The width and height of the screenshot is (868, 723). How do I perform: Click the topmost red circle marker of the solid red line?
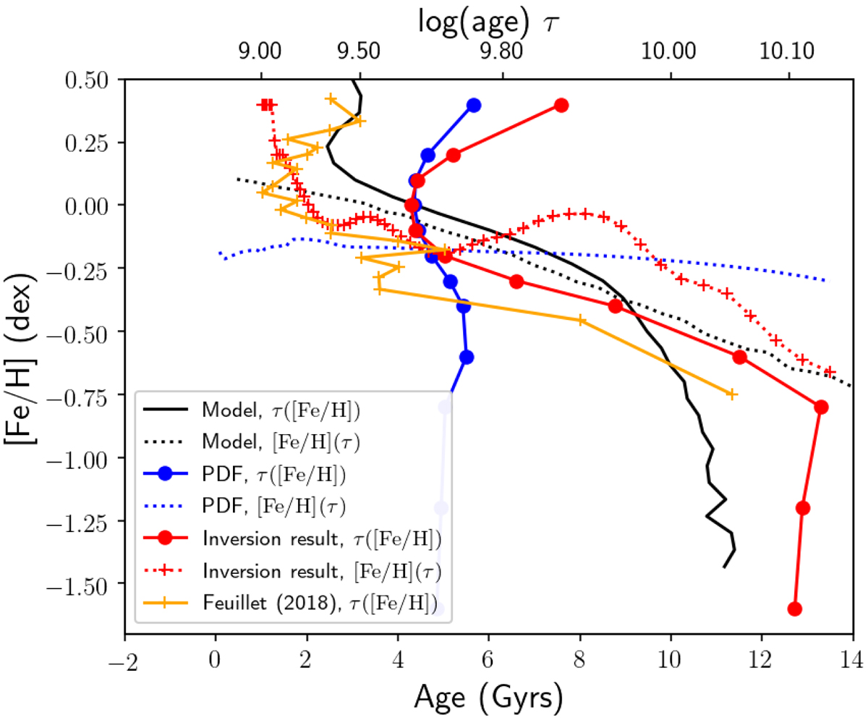coord(561,105)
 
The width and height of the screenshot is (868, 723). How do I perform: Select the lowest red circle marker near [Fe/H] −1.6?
coord(795,609)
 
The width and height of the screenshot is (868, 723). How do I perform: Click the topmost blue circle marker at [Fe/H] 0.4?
coord(474,105)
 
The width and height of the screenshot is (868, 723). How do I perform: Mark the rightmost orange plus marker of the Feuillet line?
coord(731,394)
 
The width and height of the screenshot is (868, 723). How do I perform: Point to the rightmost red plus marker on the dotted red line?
coord(830,371)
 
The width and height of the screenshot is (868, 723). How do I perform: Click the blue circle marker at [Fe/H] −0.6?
coord(467,357)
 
